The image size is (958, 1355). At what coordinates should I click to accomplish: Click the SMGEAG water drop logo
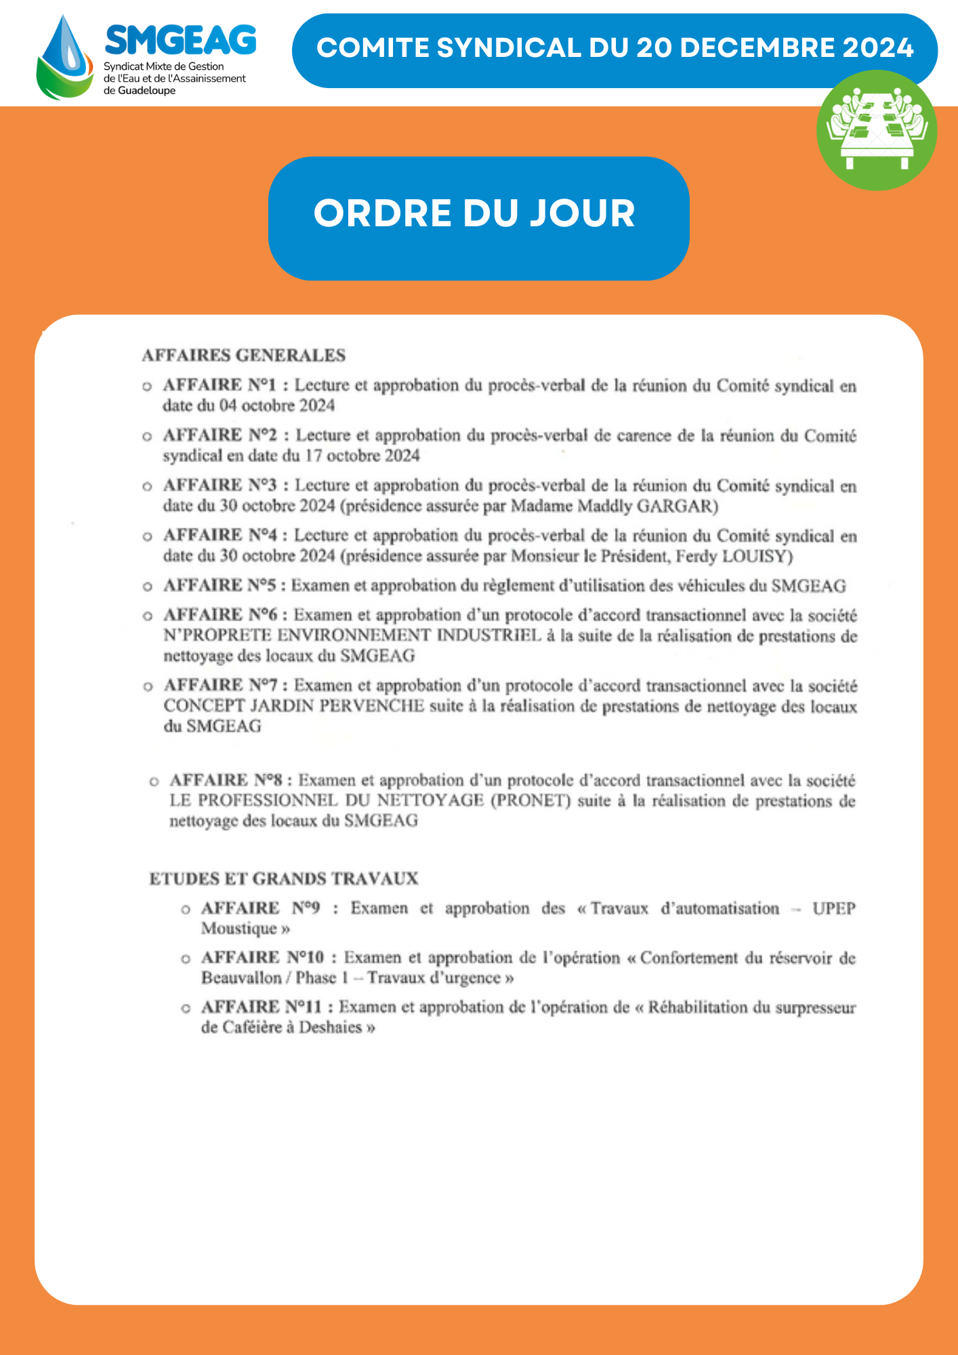(x=65, y=58)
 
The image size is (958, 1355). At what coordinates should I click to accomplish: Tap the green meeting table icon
(x=877, y=130)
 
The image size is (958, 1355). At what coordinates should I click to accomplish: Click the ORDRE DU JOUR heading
(x=474, y=213)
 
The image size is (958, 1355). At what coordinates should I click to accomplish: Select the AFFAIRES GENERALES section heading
(x=244, y=356)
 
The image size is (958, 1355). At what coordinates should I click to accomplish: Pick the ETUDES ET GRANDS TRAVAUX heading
(x=284, y=879)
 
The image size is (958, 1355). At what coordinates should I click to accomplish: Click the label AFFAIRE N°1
(x=220, y=385)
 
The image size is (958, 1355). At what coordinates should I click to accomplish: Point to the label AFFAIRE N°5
(x=220, y=585)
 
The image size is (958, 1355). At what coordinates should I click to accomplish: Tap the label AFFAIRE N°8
(x=226, y=780)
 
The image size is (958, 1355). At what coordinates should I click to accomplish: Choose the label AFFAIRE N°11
(x=262, y=1007)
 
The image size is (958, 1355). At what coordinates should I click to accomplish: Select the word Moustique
(x=239, y=928)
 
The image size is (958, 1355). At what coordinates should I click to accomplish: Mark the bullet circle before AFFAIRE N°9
(x=186, y=909)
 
